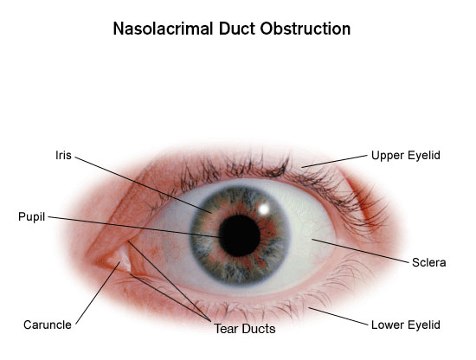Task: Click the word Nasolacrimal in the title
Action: (163, 29)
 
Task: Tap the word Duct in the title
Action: (236, 29)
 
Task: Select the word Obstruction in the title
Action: (306, 29)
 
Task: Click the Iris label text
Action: (63, 155)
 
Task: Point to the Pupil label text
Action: (31, 217)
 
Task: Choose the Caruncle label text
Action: (48, 325)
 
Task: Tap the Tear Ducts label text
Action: (245, 329)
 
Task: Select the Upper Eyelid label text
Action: (406, 156)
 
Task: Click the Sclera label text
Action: (429, 262)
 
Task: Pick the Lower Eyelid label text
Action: (406, 325)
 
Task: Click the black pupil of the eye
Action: (239, 235)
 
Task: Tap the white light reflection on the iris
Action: (264, 209)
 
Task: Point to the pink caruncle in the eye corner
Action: (124, 257)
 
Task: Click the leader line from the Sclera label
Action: (360, 251)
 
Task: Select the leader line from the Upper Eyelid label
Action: (334, 162)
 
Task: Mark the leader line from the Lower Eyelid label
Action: (338, 316)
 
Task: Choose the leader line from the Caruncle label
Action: (98, 293)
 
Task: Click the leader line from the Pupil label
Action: (133, 227)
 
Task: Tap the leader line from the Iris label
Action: (144, 185)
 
